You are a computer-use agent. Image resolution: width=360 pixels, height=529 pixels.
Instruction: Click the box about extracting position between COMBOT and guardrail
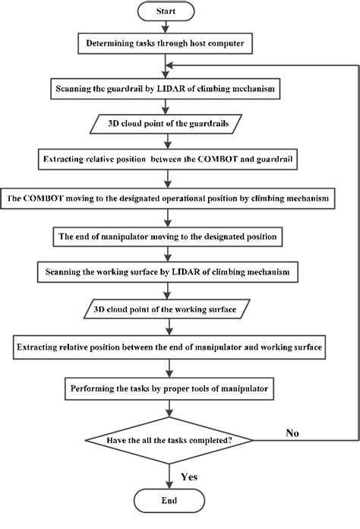[169, 161]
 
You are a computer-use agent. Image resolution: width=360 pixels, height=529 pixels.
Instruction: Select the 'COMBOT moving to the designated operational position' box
[169, 198]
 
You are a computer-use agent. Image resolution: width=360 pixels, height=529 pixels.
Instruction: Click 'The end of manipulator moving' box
[169, 236]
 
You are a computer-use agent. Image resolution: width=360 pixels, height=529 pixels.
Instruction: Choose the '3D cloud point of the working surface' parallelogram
[169, 310]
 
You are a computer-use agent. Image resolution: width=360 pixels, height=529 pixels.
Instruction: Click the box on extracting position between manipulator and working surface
[169, 347]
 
